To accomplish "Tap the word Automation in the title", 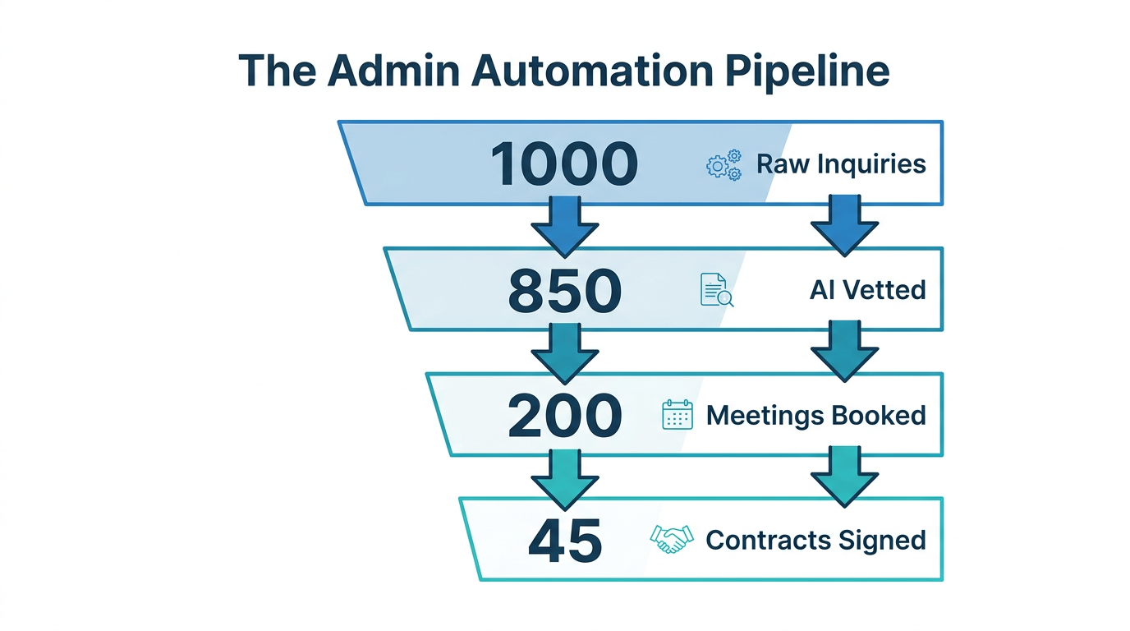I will [x=592, y=71].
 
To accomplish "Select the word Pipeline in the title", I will [x=808, y=71].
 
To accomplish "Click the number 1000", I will [x=564, y=164].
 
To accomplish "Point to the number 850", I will [x=564, y=290].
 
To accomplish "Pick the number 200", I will [x=564, y=415].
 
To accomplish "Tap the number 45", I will [x=564, y=541].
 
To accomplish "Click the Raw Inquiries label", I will [x=841, y=164].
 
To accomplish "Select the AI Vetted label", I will [x=867, y=290].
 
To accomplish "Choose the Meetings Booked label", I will [x=815, y=415].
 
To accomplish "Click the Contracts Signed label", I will [x=815, y=541].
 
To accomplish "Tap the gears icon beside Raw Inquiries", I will [x=723, y=164].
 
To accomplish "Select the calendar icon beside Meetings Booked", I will [x=678, y=415].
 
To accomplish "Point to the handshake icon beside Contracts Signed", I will [x=671, y=540].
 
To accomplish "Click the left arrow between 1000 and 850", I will [x=564, y=225].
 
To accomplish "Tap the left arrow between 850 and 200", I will [x=564, y=352].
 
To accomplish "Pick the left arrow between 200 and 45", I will [x=564, y=477].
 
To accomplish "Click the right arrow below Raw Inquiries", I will [x=844, y=225].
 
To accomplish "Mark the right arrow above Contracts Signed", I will [x=844, y=477].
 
